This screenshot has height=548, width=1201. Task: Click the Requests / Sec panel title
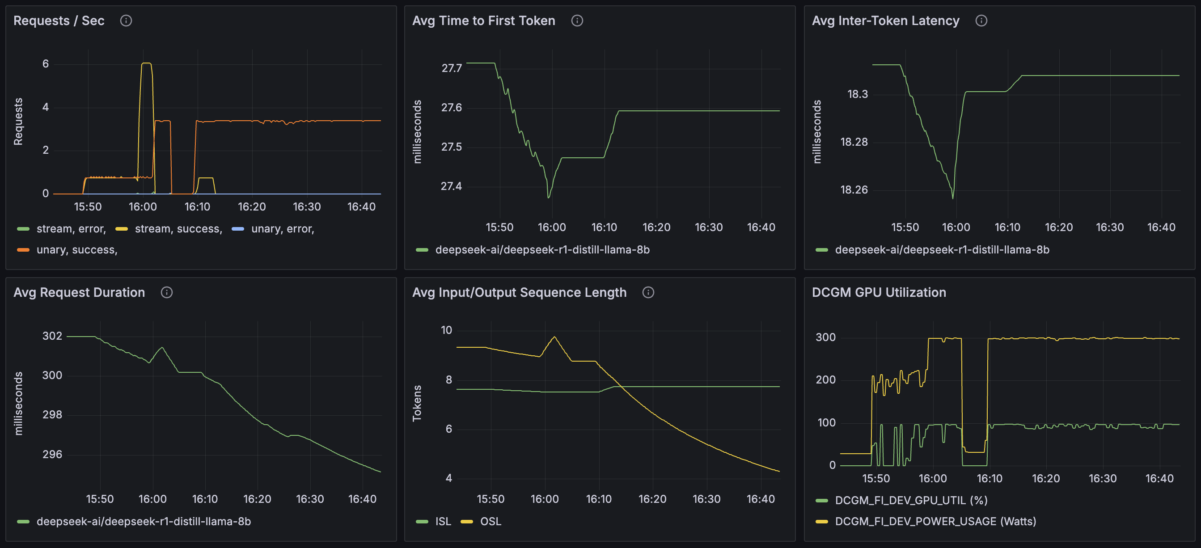click(59, 21)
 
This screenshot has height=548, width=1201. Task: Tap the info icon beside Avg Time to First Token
click(577, 21)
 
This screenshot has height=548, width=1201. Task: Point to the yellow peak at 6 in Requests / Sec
click(146, 63)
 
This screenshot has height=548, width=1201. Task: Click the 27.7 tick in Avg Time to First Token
click(451, 68)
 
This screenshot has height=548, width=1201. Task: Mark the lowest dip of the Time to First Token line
click(549, 198)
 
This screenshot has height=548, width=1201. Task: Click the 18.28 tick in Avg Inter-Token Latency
click(854, 142)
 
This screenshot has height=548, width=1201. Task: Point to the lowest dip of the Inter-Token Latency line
click(952, 198)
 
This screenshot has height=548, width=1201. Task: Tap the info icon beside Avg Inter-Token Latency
click(981, 21)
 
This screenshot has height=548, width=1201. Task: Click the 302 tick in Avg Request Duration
click(52, 336)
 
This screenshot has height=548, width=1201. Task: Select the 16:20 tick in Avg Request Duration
click(257, 499)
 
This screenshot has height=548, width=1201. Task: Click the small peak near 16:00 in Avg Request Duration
click(162, 348)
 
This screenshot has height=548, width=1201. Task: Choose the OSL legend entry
click(491, 522)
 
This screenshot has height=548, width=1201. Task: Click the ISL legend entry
click(443, 522)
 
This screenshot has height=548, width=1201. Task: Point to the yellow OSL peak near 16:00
click(554, 337)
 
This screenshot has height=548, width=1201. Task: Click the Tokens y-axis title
click(417, 403)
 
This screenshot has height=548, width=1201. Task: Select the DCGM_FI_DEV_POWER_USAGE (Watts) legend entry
click(935, 522)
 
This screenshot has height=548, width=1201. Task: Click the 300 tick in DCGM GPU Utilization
click(825, 337)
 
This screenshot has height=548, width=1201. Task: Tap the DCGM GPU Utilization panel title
click(879, 292)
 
